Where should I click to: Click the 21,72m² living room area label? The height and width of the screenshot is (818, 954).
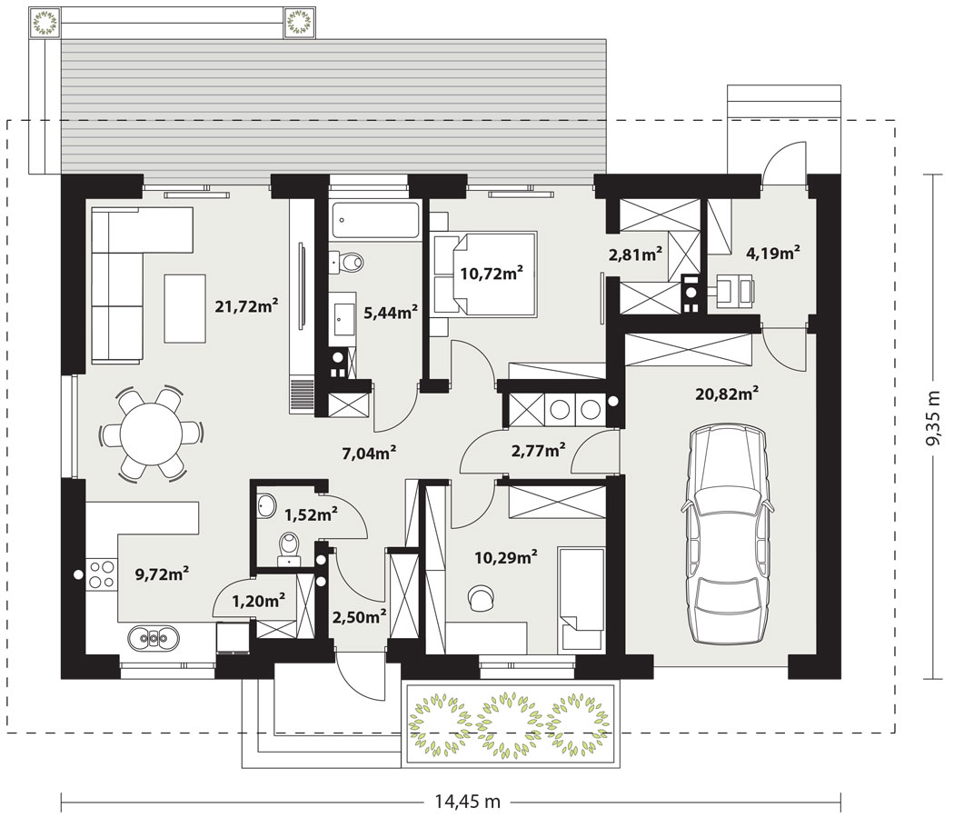[x=246, y=305]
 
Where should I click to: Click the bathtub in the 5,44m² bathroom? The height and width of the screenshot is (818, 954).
[x=375, y=221]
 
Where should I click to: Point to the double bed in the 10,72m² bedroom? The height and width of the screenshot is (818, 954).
[x=485, y=274]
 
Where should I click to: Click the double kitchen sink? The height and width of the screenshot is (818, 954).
[x=154, y=638]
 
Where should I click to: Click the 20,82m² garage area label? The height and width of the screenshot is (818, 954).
[x=727, y=394]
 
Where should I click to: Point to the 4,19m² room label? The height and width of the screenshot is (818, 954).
[x=772, y=253]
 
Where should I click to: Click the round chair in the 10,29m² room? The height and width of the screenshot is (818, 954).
[x=482, y=597]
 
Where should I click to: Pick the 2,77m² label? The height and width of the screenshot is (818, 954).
[x=538, y=451]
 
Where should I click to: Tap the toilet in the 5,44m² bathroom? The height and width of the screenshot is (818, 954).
[x=346, y=263]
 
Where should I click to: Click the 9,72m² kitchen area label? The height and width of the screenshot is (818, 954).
[x=161, y=574]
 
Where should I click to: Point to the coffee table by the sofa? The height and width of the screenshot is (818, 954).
[x=185, y=308]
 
